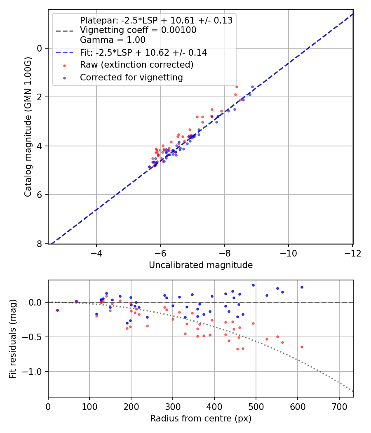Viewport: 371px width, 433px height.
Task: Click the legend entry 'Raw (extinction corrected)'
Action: click(136, 65)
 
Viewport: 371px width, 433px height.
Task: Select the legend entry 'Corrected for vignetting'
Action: click(131, 77)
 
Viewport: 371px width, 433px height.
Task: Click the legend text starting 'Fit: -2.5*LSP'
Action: click(143, 53)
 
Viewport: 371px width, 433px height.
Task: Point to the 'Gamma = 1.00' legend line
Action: click(113, 40)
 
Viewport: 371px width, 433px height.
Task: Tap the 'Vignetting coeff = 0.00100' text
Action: click(138, 30)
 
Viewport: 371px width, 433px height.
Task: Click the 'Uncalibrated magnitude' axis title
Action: click(200, 265)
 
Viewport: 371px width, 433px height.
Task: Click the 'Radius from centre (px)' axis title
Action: click(200, 419)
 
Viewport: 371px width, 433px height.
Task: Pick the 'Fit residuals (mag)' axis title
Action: click(13, 339)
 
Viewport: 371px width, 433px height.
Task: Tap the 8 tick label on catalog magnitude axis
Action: click(40, 244)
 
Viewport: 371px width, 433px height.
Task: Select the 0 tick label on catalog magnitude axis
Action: click(40, 48)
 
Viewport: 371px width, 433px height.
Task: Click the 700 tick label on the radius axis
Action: click(339, 407)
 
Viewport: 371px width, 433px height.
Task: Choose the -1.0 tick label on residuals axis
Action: click(33, 372)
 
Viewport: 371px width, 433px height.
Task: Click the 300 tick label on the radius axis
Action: click(173, 407)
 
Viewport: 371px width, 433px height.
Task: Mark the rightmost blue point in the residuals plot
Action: click(302, 287)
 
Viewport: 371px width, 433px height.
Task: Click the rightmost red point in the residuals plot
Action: click(302, 347)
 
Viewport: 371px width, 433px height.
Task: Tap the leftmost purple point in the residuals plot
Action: click(57, 310)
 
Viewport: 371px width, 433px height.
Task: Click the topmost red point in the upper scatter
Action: click(237, 87)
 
